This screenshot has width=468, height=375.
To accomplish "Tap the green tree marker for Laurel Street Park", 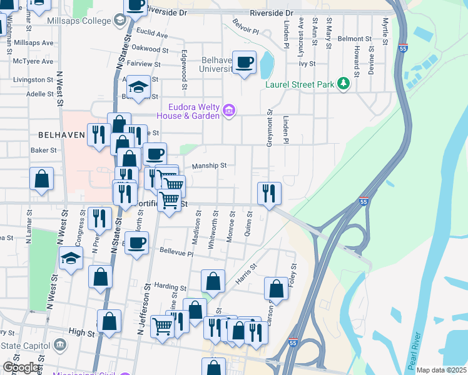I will tap(342, 84).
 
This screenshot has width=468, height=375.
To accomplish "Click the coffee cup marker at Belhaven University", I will tap(244, 62).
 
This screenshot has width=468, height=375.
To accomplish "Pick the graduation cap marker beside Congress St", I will tap(71, 258).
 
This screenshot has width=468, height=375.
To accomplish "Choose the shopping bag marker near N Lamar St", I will tap(41, 179).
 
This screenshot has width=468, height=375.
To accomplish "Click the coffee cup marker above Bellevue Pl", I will tap(136, 242).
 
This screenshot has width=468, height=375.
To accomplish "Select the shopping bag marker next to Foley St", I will tap(276, 289).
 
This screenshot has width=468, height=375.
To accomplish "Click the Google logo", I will tap(21, 367).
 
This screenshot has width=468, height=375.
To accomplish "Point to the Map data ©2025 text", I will tap(441, 370).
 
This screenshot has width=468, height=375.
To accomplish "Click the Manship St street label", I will tap(208, 166).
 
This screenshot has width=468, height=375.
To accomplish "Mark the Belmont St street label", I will tap(355, 39).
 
